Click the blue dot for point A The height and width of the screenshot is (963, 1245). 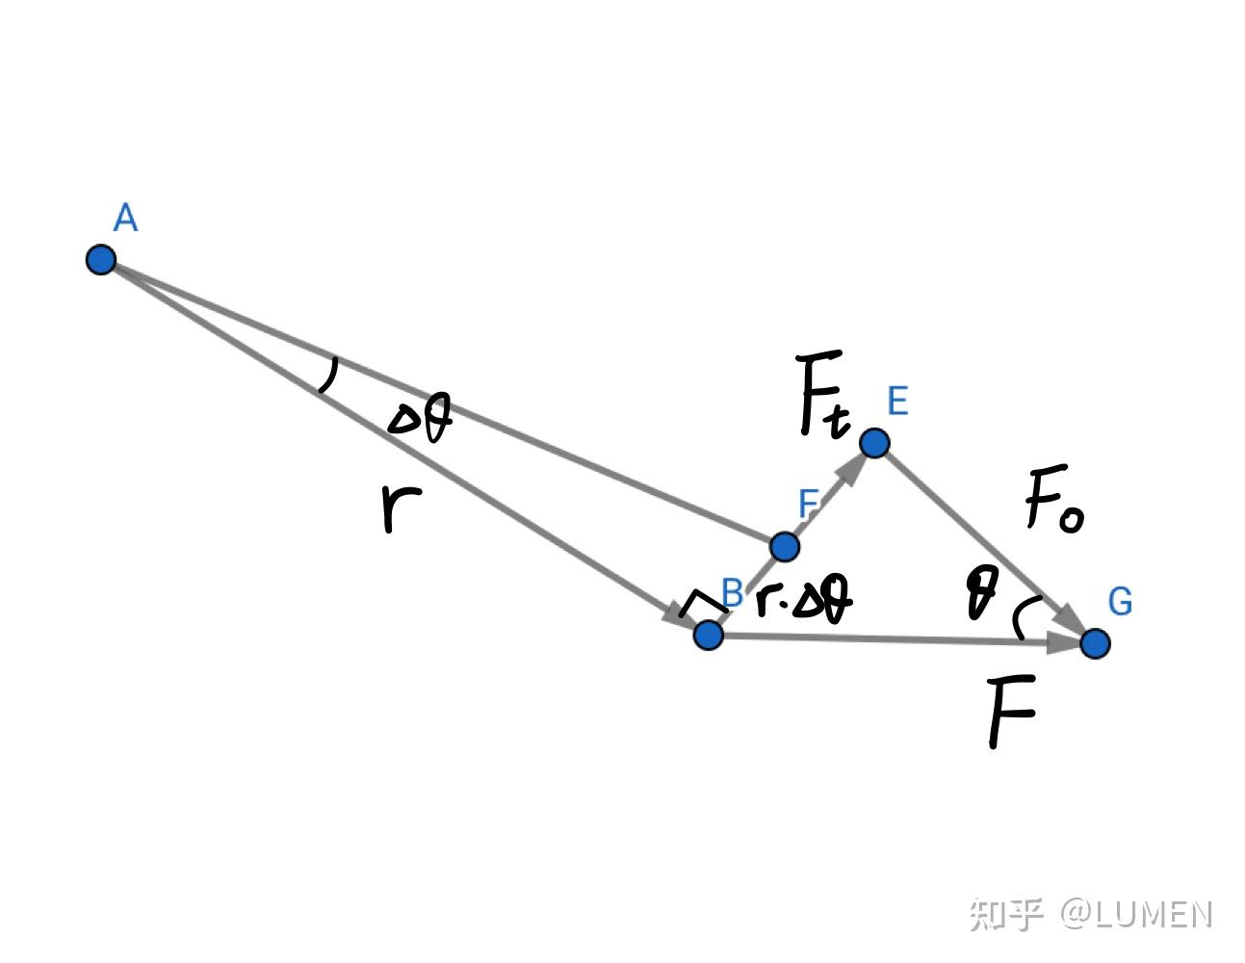[101, 259]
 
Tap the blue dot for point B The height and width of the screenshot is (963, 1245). [708, 635]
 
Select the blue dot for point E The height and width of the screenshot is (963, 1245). [874, 442]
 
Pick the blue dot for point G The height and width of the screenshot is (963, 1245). [1095, 643]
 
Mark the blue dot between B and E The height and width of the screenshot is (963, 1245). [785, 546]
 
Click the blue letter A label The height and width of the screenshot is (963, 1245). [125, 218]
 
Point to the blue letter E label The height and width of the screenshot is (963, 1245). [897, 401]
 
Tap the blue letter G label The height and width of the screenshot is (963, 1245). [1120, 602]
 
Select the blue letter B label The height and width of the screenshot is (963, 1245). [732, 592]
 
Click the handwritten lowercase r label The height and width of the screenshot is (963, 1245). [401, 507]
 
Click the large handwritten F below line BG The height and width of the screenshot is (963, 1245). [1011, 711]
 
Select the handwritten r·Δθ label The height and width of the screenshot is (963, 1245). [804, 599]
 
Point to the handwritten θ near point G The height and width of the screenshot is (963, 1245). [981, 592]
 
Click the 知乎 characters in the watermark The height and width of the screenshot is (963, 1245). [1006, 915]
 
